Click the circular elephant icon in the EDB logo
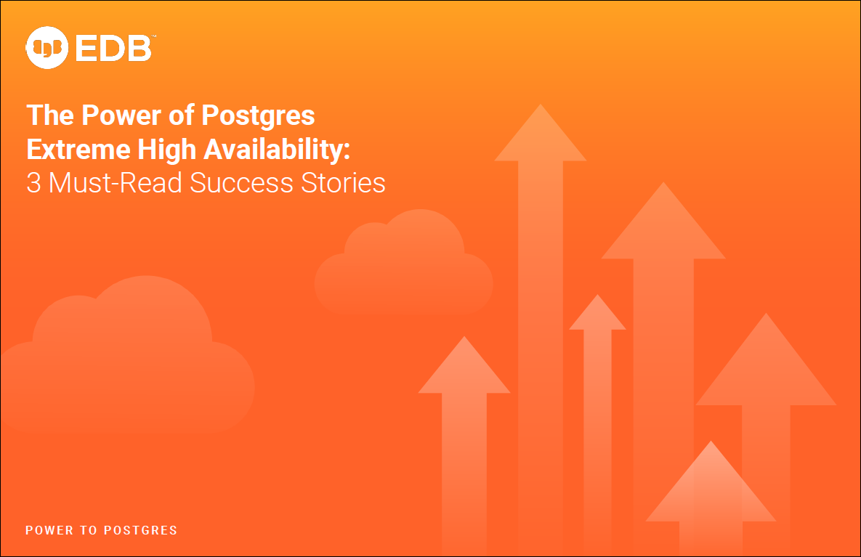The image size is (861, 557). pyautogui.click(x=47, y=48)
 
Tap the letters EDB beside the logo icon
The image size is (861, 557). pyautogui.click(x=113, y=48)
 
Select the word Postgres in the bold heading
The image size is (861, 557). pyautogui.click(x=258, y=116)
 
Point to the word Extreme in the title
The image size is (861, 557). pyautogui.click(x=78, y=150)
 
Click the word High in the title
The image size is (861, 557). pyautogui.click(x=166, y=150)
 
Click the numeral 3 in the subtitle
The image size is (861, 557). pyautogui.click(x=33, y=183)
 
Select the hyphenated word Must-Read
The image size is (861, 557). pyautogui.click(x=116, y=183)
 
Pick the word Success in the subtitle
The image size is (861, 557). pyautogui.click(x=242, y=183)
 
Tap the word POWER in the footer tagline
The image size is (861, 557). pyautogui.click(x=49, y=530)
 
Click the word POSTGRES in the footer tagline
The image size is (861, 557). pyautogui.click(x=140, y=530)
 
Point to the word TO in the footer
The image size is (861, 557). pyautogui.click(x=89, y=530)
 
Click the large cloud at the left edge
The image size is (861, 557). pyautogui.click(x=127, y=357)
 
